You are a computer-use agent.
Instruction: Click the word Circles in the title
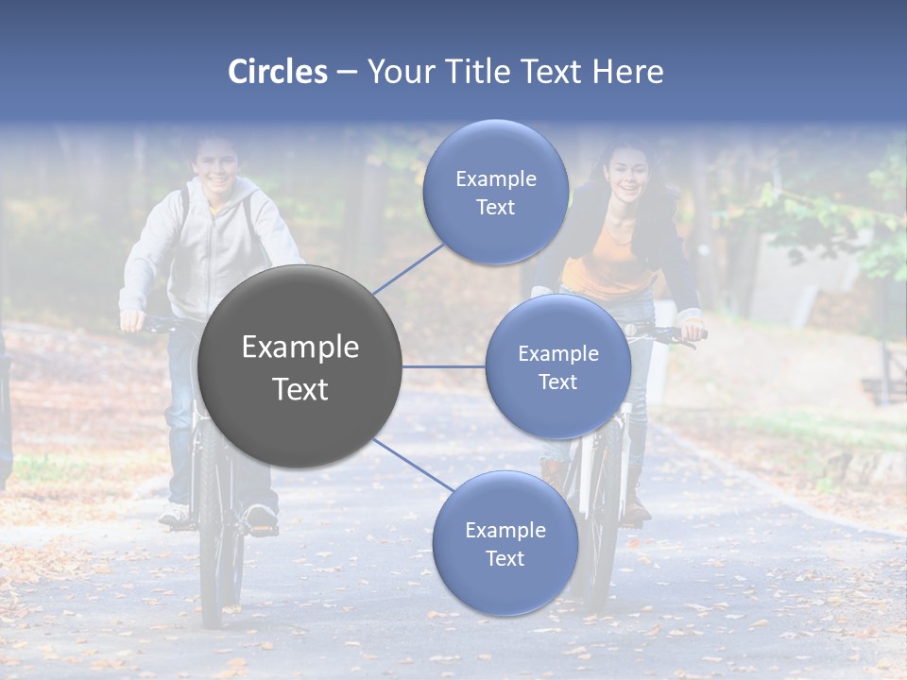coord(277,72)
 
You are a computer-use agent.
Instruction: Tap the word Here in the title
coord(627,72)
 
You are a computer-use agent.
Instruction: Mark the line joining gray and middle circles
coord(443,366)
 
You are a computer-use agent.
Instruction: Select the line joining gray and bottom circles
coord(414,465)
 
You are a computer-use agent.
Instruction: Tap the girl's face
coord(625,170)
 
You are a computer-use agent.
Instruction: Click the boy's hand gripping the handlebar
coord(132,320)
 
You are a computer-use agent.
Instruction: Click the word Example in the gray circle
coord(299,348)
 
